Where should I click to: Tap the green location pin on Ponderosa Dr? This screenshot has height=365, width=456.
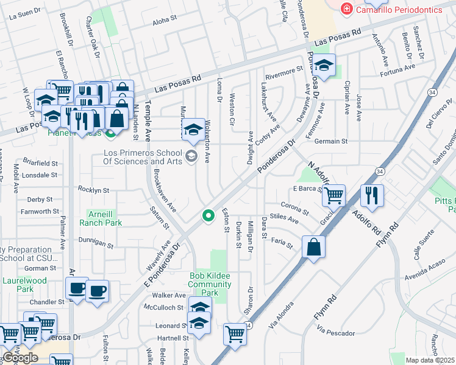click(208, 215)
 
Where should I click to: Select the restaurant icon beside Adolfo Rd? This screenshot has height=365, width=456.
click(372, 195)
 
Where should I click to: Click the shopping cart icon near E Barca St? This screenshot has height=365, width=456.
click(333, 195)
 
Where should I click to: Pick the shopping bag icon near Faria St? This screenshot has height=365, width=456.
click(313, 247)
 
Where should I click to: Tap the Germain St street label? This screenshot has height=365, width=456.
click(331, 141)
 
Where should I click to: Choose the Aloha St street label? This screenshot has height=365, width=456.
click(164, 20)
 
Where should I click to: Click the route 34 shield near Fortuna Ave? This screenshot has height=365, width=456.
click(432, 92)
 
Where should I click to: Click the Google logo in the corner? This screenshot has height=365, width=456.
click(20, 358)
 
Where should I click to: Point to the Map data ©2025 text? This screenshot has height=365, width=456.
click(430, 360)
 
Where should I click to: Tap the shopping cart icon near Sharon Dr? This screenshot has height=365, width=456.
click(235, 333)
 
